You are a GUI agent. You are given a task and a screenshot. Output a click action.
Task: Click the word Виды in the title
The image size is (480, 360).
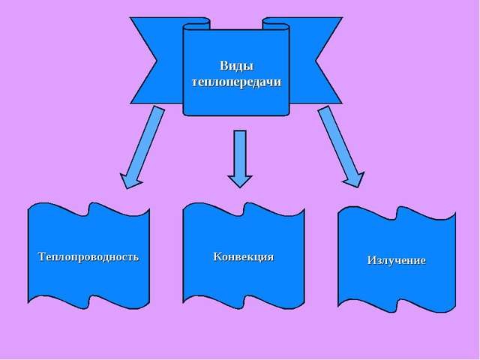coord(235,67)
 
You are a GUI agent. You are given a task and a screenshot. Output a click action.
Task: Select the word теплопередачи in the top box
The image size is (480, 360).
coord(235,79)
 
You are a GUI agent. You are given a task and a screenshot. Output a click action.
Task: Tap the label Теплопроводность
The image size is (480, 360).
coord(88,256)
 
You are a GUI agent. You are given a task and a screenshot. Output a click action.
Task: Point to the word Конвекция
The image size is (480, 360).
coord(243,256)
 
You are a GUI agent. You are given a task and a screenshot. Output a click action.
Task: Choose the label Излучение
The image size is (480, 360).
coord(396,260)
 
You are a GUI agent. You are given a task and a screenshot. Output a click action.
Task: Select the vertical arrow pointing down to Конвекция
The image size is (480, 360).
coord(239,157)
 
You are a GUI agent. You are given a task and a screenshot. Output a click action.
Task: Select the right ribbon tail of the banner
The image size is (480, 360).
coord(318,60)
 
